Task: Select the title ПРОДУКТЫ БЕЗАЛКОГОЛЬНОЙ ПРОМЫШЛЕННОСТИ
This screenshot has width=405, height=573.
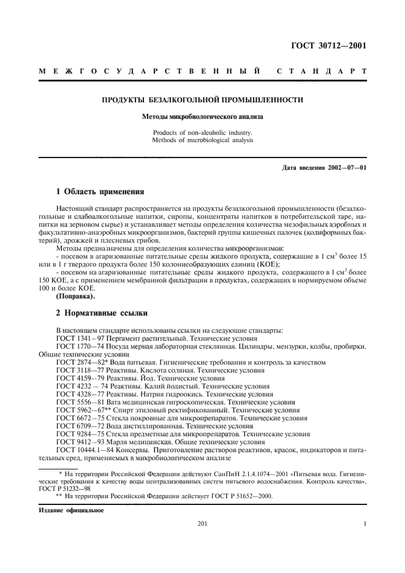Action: pos(202,100)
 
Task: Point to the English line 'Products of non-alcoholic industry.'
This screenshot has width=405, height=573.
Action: pos(202,132)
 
